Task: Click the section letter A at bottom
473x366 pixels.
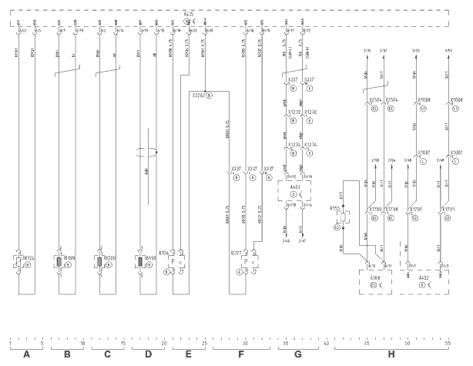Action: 27,354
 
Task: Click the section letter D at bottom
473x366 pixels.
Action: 148,354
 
